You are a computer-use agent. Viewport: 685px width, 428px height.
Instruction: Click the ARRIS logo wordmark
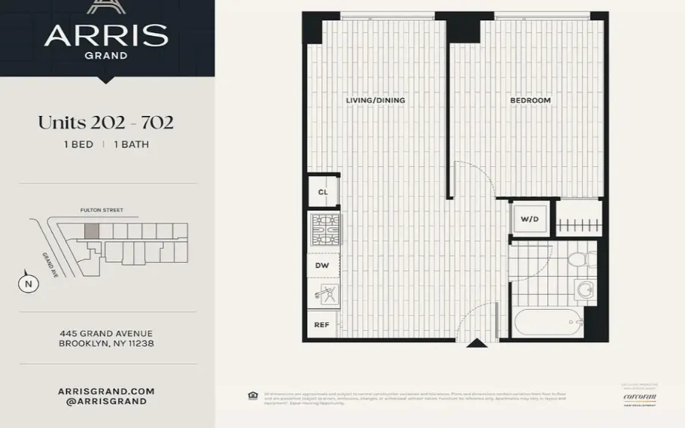[105, 35]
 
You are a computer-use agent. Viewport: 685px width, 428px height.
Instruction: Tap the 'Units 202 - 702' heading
[106, 123]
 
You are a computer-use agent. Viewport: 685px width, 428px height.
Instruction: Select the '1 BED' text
[79, 144]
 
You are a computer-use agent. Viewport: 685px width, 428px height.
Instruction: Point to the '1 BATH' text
[131, 144]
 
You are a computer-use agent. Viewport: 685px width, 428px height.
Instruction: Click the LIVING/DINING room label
[375, 100]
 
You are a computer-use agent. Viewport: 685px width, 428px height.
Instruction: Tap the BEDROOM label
[530, 100]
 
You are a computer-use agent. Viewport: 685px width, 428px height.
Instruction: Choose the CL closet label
[323, 192]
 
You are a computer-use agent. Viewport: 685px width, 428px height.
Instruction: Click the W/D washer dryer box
[530, 218]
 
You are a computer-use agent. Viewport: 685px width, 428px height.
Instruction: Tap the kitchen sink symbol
[323, 292]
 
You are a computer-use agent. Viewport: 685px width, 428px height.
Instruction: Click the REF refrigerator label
[321, 324]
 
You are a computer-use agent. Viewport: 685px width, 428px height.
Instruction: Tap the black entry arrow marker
[476, 344]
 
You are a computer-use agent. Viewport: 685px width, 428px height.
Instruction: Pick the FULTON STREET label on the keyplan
[102, 211]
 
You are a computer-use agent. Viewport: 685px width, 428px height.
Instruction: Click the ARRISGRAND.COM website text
[106, 391]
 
